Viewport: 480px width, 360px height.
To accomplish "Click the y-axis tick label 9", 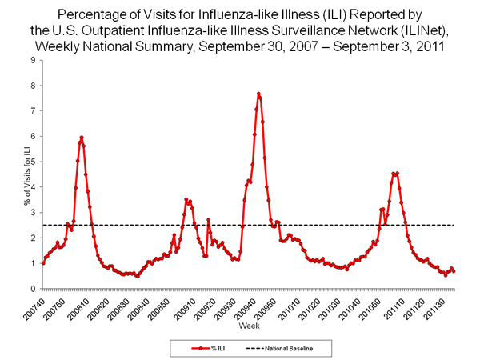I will tap(33, 60).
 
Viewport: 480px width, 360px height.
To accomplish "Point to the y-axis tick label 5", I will tap(33, 162).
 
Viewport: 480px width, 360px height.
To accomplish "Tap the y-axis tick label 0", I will tap(33, 289).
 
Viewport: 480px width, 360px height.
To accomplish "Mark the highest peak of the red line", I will tap(258, 94).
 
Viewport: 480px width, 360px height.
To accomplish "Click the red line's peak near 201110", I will tap(395, 174).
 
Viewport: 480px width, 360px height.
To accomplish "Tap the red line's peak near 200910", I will tap(186, 200).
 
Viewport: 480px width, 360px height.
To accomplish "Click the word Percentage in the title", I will tap(90, 14).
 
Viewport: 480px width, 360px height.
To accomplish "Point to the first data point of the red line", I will tap(42, 263).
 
